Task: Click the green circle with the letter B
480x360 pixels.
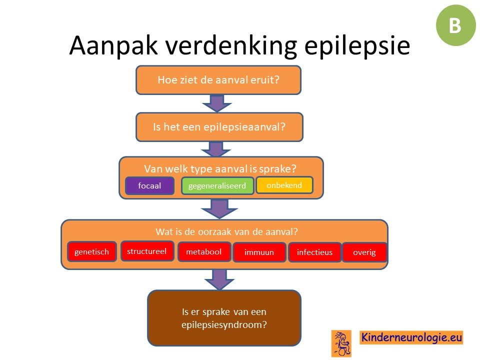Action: (x=456, y=25)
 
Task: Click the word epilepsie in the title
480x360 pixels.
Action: (x=357, y=46)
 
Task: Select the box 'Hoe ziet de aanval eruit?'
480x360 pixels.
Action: (x=218, y=80)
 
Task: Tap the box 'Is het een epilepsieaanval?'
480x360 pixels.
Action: (x=219, y=127)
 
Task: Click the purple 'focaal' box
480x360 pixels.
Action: (x=149, y=185)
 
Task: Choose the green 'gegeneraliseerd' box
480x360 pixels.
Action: (x=217, y=186)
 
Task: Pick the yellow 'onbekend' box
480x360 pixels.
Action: (x=284, y=185)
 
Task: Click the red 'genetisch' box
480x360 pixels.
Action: (x=92, y=251)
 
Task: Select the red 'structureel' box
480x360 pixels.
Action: (x=147, y=251)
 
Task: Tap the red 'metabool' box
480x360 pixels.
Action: (x=204, y=251)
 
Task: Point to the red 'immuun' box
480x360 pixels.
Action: (x=259, y=252)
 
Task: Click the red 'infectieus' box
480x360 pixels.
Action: (x=314, y=252)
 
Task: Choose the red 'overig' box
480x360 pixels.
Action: (x=364, y=252)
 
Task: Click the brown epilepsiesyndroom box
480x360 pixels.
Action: (x=224, y=318)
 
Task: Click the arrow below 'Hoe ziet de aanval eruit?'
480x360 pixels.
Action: (x=217, y=103)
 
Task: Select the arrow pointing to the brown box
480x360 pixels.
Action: (x=219, y=280)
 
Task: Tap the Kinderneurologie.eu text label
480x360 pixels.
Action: (x=411, y=337)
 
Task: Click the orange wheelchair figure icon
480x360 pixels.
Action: (x=341, y=343)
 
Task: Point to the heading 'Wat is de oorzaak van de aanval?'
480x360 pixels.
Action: (x=226, y=231)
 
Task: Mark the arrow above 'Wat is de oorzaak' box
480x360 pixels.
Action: (x=219, y=209)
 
